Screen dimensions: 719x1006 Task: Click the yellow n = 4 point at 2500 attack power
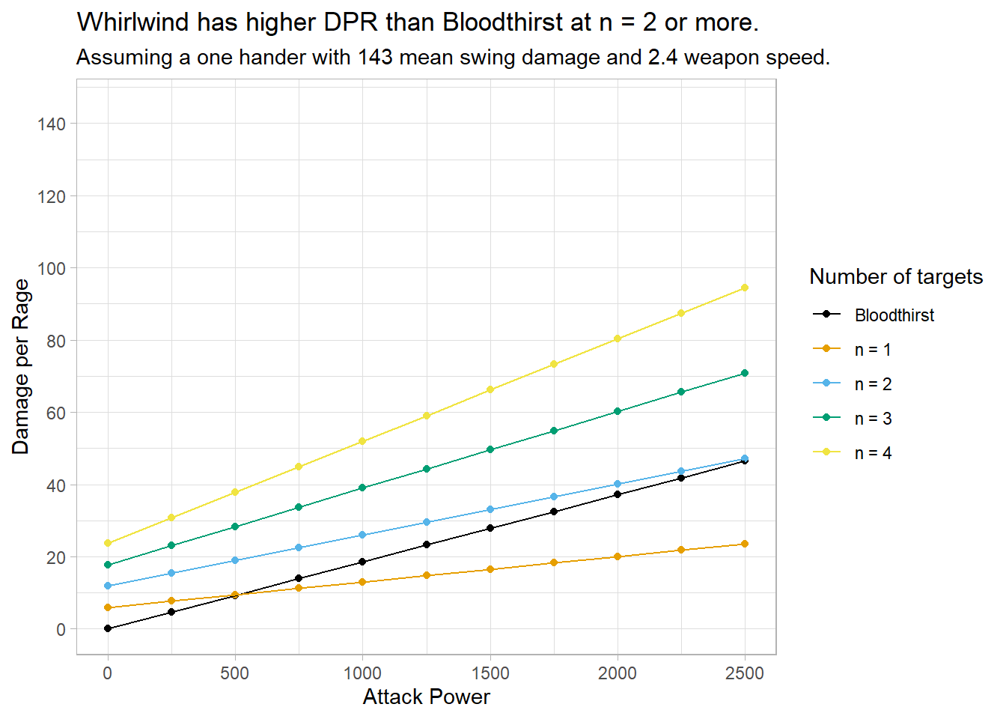click(x=744, y=288)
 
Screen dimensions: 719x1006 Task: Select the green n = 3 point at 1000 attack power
click(x=362, y=488)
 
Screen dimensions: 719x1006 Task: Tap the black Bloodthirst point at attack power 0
click(x=108, y=628)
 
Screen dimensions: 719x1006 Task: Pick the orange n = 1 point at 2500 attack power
click(x=744, y=544)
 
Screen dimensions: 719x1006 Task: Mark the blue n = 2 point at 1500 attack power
click(x=490, y=509)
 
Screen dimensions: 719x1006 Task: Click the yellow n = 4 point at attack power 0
click(x=108, y=543)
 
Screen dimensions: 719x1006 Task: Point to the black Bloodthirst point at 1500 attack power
click(x=490, y=528)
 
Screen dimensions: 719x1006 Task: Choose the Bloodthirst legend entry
click(x=894, y=315)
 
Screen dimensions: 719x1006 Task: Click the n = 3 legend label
click(x=873, y=419)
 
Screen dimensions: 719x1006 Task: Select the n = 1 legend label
click(x=873, y=350)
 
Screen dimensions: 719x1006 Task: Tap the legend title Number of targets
click(x=896, y=277)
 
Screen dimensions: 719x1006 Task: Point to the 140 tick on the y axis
click(x=52, y=124)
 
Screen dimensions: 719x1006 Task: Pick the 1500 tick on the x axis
click(x=490, y=673)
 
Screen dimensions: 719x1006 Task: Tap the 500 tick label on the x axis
click(x=235, y=673)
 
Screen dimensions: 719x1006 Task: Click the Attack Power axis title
click(x=426, y=697)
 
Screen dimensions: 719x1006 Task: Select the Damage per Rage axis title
click(x=21, y=367)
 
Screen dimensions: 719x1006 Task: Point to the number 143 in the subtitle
click(x=374, y=58)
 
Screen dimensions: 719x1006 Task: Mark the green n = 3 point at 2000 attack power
click(x=618, y=411)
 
